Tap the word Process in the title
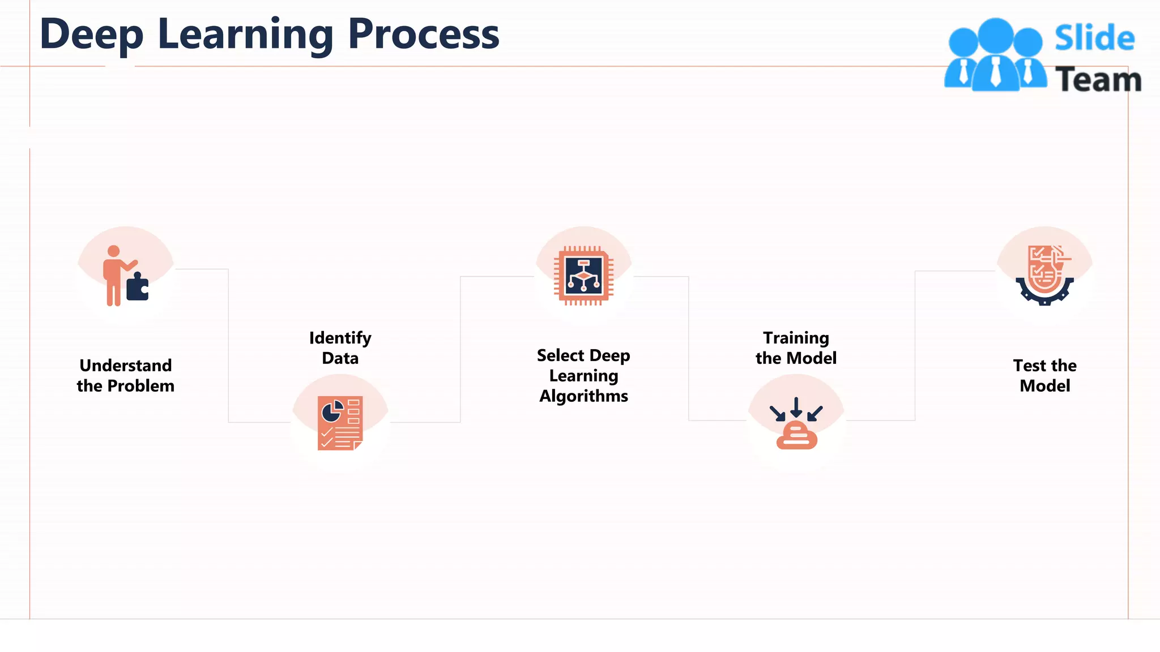coord(423,34)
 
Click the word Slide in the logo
coord(1094,38)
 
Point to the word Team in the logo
coord(1098,79)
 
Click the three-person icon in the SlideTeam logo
coord(995,55)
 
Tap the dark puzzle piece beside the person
coord(137,288)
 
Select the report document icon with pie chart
coord(340,423)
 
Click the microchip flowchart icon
coord(583,276)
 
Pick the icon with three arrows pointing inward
coord(796,423)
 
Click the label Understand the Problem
coord(125,375)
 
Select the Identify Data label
coord(340,348)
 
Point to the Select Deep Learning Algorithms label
coord(583,375)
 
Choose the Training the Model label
coord(796,348)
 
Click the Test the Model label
coord(1044,375)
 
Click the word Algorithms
coord(583,396)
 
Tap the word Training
coord(796,338)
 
